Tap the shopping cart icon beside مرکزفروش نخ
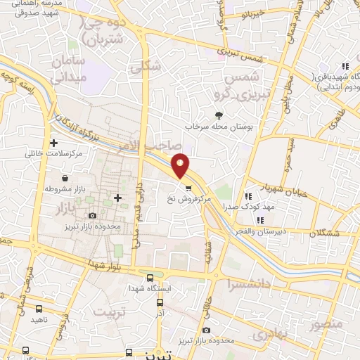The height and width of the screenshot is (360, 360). coord(188,187)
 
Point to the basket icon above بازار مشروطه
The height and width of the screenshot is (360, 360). coord(65,179)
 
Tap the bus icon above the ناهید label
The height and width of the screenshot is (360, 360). coord(39,308)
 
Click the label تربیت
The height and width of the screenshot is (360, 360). coord(114,311)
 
